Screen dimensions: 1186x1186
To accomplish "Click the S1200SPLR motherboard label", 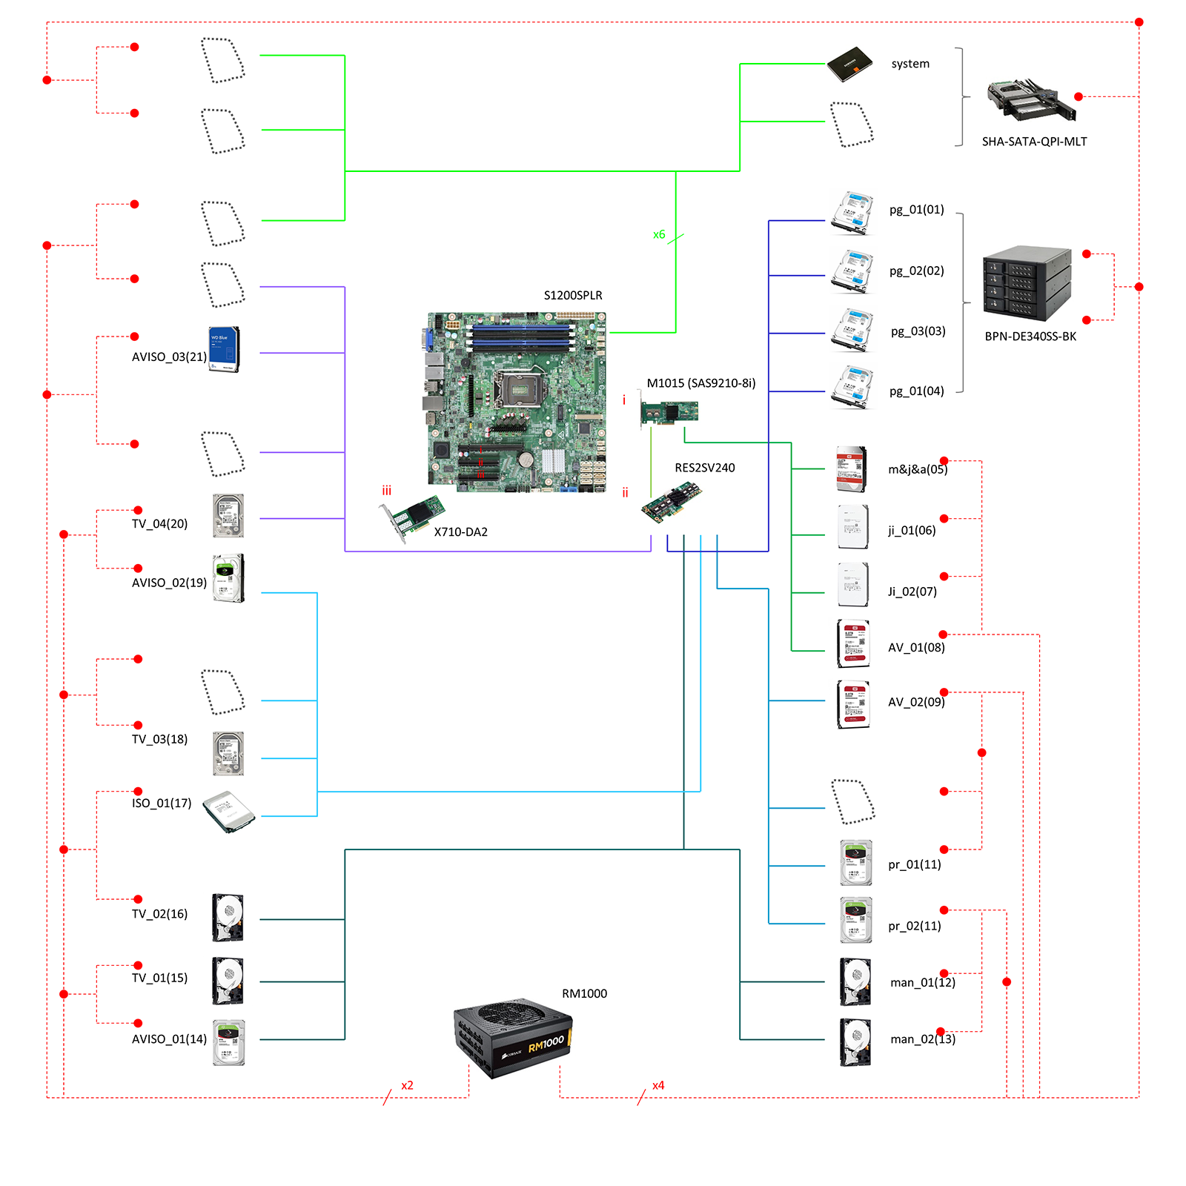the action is [573, 295].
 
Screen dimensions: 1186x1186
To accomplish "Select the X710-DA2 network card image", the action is [411, 518].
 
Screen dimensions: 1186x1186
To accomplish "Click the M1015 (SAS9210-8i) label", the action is [701, 383].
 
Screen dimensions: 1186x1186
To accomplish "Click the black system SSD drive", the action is [850, 64].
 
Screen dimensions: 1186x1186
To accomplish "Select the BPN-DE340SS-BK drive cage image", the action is [1027, 282].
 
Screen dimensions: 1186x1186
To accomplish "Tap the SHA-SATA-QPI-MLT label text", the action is [1034, 142].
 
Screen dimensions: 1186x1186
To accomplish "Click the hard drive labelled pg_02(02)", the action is [852, 271].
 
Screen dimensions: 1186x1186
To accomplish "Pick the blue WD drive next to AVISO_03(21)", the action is [224, 349].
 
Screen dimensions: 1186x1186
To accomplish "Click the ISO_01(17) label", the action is [162, 804].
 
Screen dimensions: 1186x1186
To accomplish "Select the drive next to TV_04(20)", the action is [228, 516].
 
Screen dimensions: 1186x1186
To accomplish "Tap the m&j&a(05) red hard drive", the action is [851, 468].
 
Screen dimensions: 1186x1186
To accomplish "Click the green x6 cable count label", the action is [659, 234].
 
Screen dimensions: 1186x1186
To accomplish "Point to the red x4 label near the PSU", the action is [658, 1085].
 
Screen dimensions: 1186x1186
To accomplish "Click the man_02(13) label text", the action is [923, 1039].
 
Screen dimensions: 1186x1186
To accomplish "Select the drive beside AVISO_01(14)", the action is [228, 1042].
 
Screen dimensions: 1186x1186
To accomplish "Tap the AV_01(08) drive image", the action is [853, 644].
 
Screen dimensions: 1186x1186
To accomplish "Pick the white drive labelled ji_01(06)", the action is [853, 527].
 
